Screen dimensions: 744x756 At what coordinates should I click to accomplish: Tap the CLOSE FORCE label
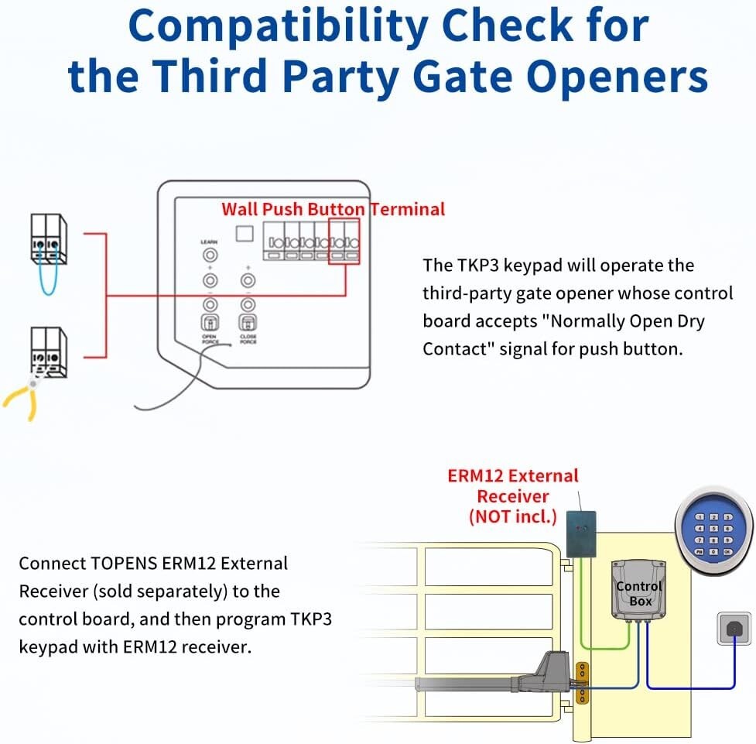coord(248,338)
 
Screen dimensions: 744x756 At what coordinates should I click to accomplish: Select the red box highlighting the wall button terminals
coord(344,241)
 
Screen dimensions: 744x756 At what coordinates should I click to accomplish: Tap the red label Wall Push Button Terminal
coord(333,208)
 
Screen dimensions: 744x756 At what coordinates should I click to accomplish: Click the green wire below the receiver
coord(611,646)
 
